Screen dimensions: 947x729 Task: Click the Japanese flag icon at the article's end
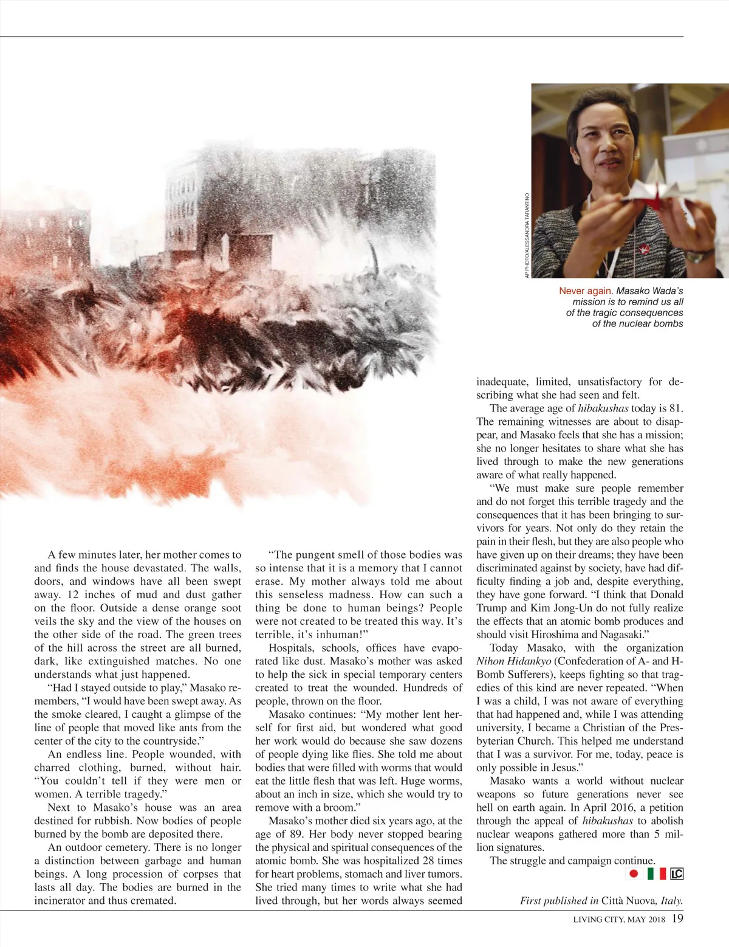634,874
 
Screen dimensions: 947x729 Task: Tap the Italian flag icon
656,874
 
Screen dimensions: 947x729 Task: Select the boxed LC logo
677,874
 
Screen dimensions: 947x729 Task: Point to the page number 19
677,918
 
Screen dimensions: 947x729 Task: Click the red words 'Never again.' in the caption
586,291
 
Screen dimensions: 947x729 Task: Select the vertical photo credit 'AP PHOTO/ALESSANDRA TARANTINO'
527,235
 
